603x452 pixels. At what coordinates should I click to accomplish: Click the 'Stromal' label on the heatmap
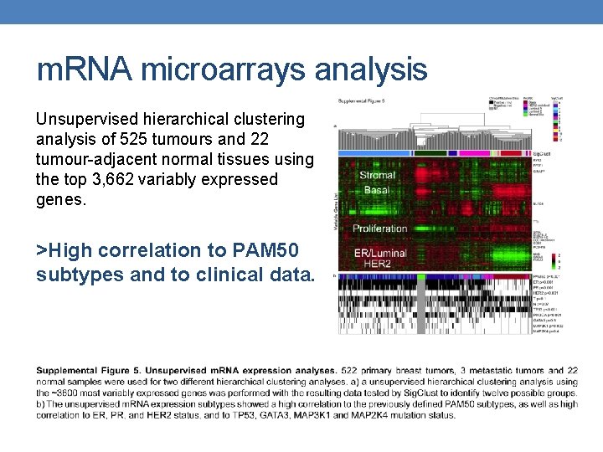click(377, 175)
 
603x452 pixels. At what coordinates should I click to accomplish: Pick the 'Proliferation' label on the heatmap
click(379, 229)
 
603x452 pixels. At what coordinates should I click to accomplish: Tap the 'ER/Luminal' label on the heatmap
click(379, 253)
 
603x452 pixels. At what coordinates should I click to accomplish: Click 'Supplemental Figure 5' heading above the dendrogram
click(363, 100)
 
